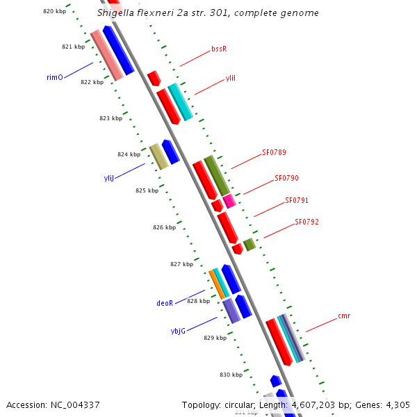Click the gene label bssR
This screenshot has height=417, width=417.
click(219, 49)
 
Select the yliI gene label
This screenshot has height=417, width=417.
click(231, 79)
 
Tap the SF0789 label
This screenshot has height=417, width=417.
click(274, 152)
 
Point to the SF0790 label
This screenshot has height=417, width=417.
click(286, 178)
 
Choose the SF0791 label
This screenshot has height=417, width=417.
click(297, 200)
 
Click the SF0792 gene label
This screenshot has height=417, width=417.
click(306, 222)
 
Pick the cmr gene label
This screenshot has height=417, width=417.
click(344, 316)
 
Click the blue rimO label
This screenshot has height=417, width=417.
click(55, 77)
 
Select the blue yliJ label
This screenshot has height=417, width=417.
click(108, 179)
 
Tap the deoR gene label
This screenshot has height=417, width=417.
click(165, 303)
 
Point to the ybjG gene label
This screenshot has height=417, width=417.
click(179, 331)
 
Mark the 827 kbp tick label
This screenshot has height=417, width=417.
click(181, 264)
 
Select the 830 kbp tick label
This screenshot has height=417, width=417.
click(231, 375)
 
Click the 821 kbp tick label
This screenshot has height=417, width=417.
click(73, 47)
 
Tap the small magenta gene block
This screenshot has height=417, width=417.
click(229, 201)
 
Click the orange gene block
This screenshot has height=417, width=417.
click(217, 284)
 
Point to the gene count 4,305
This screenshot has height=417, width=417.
click(397, 404)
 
